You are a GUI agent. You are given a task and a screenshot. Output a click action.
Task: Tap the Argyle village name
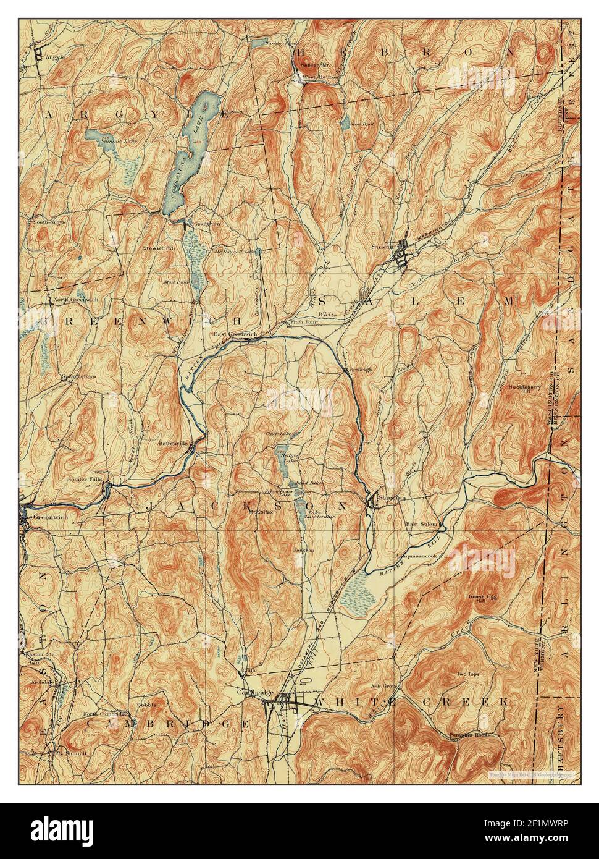54,56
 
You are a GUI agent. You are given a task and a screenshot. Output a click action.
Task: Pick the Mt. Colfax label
261,512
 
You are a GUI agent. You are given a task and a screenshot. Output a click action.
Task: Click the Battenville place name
177,443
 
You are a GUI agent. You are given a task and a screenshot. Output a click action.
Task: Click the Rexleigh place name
358,369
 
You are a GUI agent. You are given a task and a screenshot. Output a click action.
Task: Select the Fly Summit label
71,754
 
